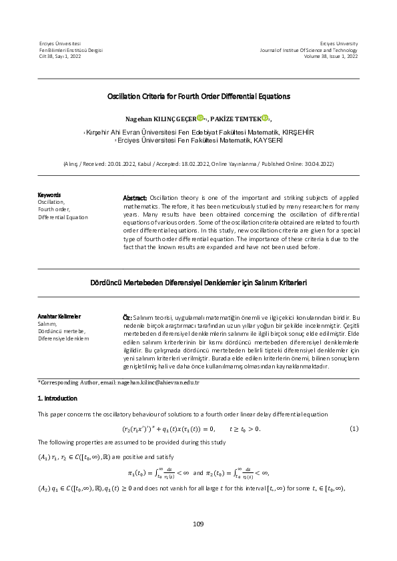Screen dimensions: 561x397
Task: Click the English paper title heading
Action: pyautogui.click(x=198, y=97)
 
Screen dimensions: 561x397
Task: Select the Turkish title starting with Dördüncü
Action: pyautogui.click(x=198, y=282)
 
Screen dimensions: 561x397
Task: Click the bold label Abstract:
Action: pyautogui.click(x=135, y=199)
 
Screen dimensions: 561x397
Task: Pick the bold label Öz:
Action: pyautogui.click(x=127, y=318)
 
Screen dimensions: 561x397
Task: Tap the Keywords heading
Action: pyautogui.click(x=49, y=195)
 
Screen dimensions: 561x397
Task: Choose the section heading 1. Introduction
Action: pyautogui.click(x=57, y=398)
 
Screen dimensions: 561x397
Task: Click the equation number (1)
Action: pyautogui.click(x=354, y=428)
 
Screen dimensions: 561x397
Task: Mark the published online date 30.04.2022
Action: pyautogui.click(x=317, y=163)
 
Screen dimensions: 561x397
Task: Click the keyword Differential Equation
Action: pyautogui.click(x=62, y=217)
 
